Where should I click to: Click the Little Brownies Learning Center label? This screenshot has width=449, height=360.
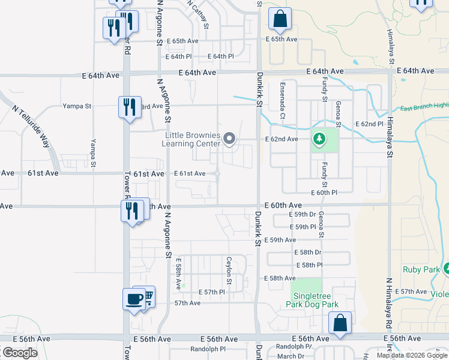[x=193, y=139]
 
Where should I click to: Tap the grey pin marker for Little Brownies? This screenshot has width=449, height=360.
[x=229, y=139]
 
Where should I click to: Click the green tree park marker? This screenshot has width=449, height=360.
[x=319, y=140]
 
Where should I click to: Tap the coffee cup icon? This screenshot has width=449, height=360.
[x=134, y=298]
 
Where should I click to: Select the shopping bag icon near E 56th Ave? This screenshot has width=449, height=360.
[x=340, y=322]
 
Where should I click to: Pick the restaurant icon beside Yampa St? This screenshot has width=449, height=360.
[x=129, y=107]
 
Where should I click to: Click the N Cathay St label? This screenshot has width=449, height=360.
[x=198, y=13]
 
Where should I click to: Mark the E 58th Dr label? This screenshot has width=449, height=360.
[x=309, y=253]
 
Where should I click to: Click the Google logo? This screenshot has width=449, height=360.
[x=19, y=353]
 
